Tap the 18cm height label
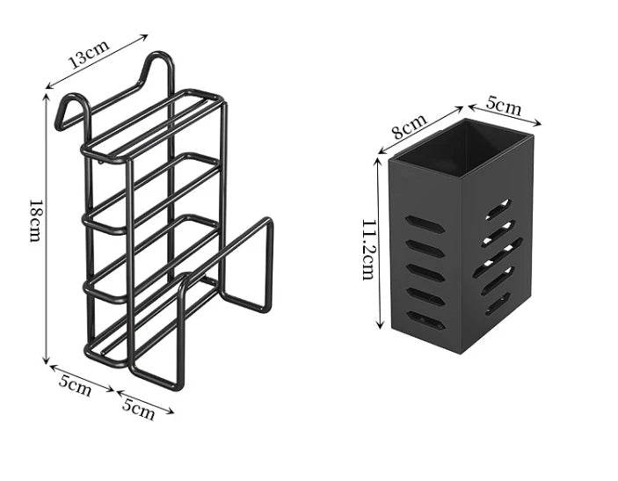coord(35,221)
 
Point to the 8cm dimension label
coord(411,126)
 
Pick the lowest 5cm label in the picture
coord(138,409)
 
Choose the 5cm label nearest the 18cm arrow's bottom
coord(76,385)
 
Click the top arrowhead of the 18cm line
coord(47,96)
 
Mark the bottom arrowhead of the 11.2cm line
coord(380,325)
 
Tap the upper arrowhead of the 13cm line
coord(145,37)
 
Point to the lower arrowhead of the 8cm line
coord(382,151)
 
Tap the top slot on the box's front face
coord(425,224)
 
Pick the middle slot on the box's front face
coord(425,273)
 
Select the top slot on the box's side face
coord(498,209)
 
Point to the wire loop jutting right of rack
coord(246,264)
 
